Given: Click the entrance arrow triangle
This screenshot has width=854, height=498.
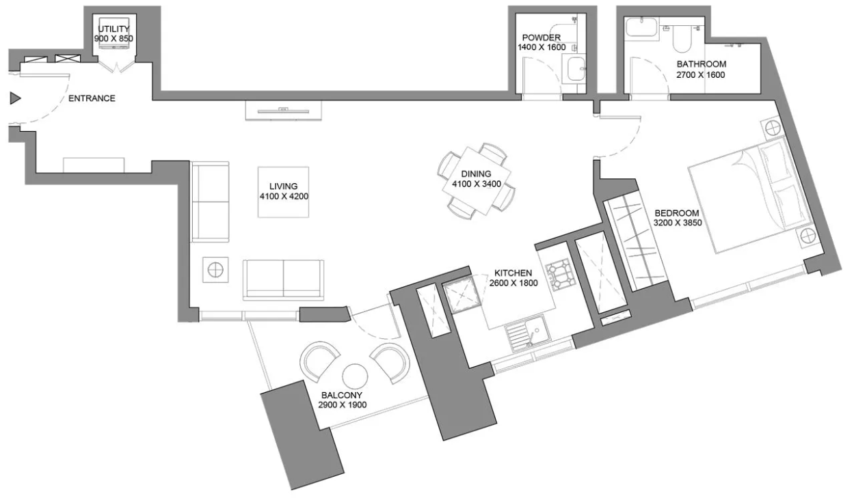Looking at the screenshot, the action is [x=15, y=98].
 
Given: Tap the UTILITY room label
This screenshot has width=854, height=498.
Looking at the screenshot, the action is [x=114, y=29].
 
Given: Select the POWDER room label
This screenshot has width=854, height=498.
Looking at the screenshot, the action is [x=542, y=38].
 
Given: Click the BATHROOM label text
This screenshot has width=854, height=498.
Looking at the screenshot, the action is [x=701, y=64].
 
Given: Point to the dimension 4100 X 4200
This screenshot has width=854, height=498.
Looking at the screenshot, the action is [x=284, y=197].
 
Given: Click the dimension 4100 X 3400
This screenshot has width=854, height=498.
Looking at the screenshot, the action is [x=477, y=184].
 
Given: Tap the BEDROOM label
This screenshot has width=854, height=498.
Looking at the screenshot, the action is [x=677, y=213].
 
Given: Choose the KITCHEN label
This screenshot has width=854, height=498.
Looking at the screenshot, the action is [x=513, y=273].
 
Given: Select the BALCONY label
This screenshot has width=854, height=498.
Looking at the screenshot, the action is [x=342, y=395].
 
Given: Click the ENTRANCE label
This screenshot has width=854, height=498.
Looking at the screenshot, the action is [x=92, y=98].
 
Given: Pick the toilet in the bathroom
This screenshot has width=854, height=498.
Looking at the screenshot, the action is [x=682, y=38].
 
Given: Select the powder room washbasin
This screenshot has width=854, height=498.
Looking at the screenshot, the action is [x=574, y=69].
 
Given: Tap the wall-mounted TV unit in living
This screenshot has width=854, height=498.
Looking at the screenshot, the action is [x=283, y=111].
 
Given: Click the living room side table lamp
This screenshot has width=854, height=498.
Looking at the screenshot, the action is [x=215, y=270].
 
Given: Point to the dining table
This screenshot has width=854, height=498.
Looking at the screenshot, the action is [x=477, y=181].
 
